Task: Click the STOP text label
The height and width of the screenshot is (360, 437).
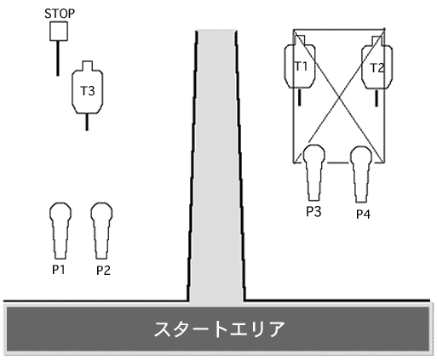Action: coord(60,14)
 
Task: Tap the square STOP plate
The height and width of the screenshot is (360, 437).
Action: coord(59,31)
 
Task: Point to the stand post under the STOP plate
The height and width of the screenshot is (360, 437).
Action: coord(58,58)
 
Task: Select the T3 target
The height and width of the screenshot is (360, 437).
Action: coord(88,88)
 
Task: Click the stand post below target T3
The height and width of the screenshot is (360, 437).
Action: coord(87,122)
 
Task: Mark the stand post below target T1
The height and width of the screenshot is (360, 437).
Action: coord(299,97)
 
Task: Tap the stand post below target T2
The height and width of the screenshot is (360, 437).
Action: coord(377,98)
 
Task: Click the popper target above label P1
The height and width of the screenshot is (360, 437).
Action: coord(60,231)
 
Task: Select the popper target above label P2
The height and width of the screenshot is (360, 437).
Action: coord(101,231)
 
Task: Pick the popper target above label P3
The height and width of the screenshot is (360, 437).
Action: coord(313,173)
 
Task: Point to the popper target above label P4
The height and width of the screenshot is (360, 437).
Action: coord(361,174)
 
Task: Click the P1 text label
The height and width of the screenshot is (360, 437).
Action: coord(59,270)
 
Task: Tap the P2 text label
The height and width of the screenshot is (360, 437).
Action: coord(103,271)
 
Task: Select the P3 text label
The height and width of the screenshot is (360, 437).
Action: coord(313,212)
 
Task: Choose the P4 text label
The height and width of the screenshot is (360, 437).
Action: coord(363,214)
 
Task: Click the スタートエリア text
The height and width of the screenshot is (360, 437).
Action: coord(219,329)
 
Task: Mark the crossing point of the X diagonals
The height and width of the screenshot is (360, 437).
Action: coord(339,97)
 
